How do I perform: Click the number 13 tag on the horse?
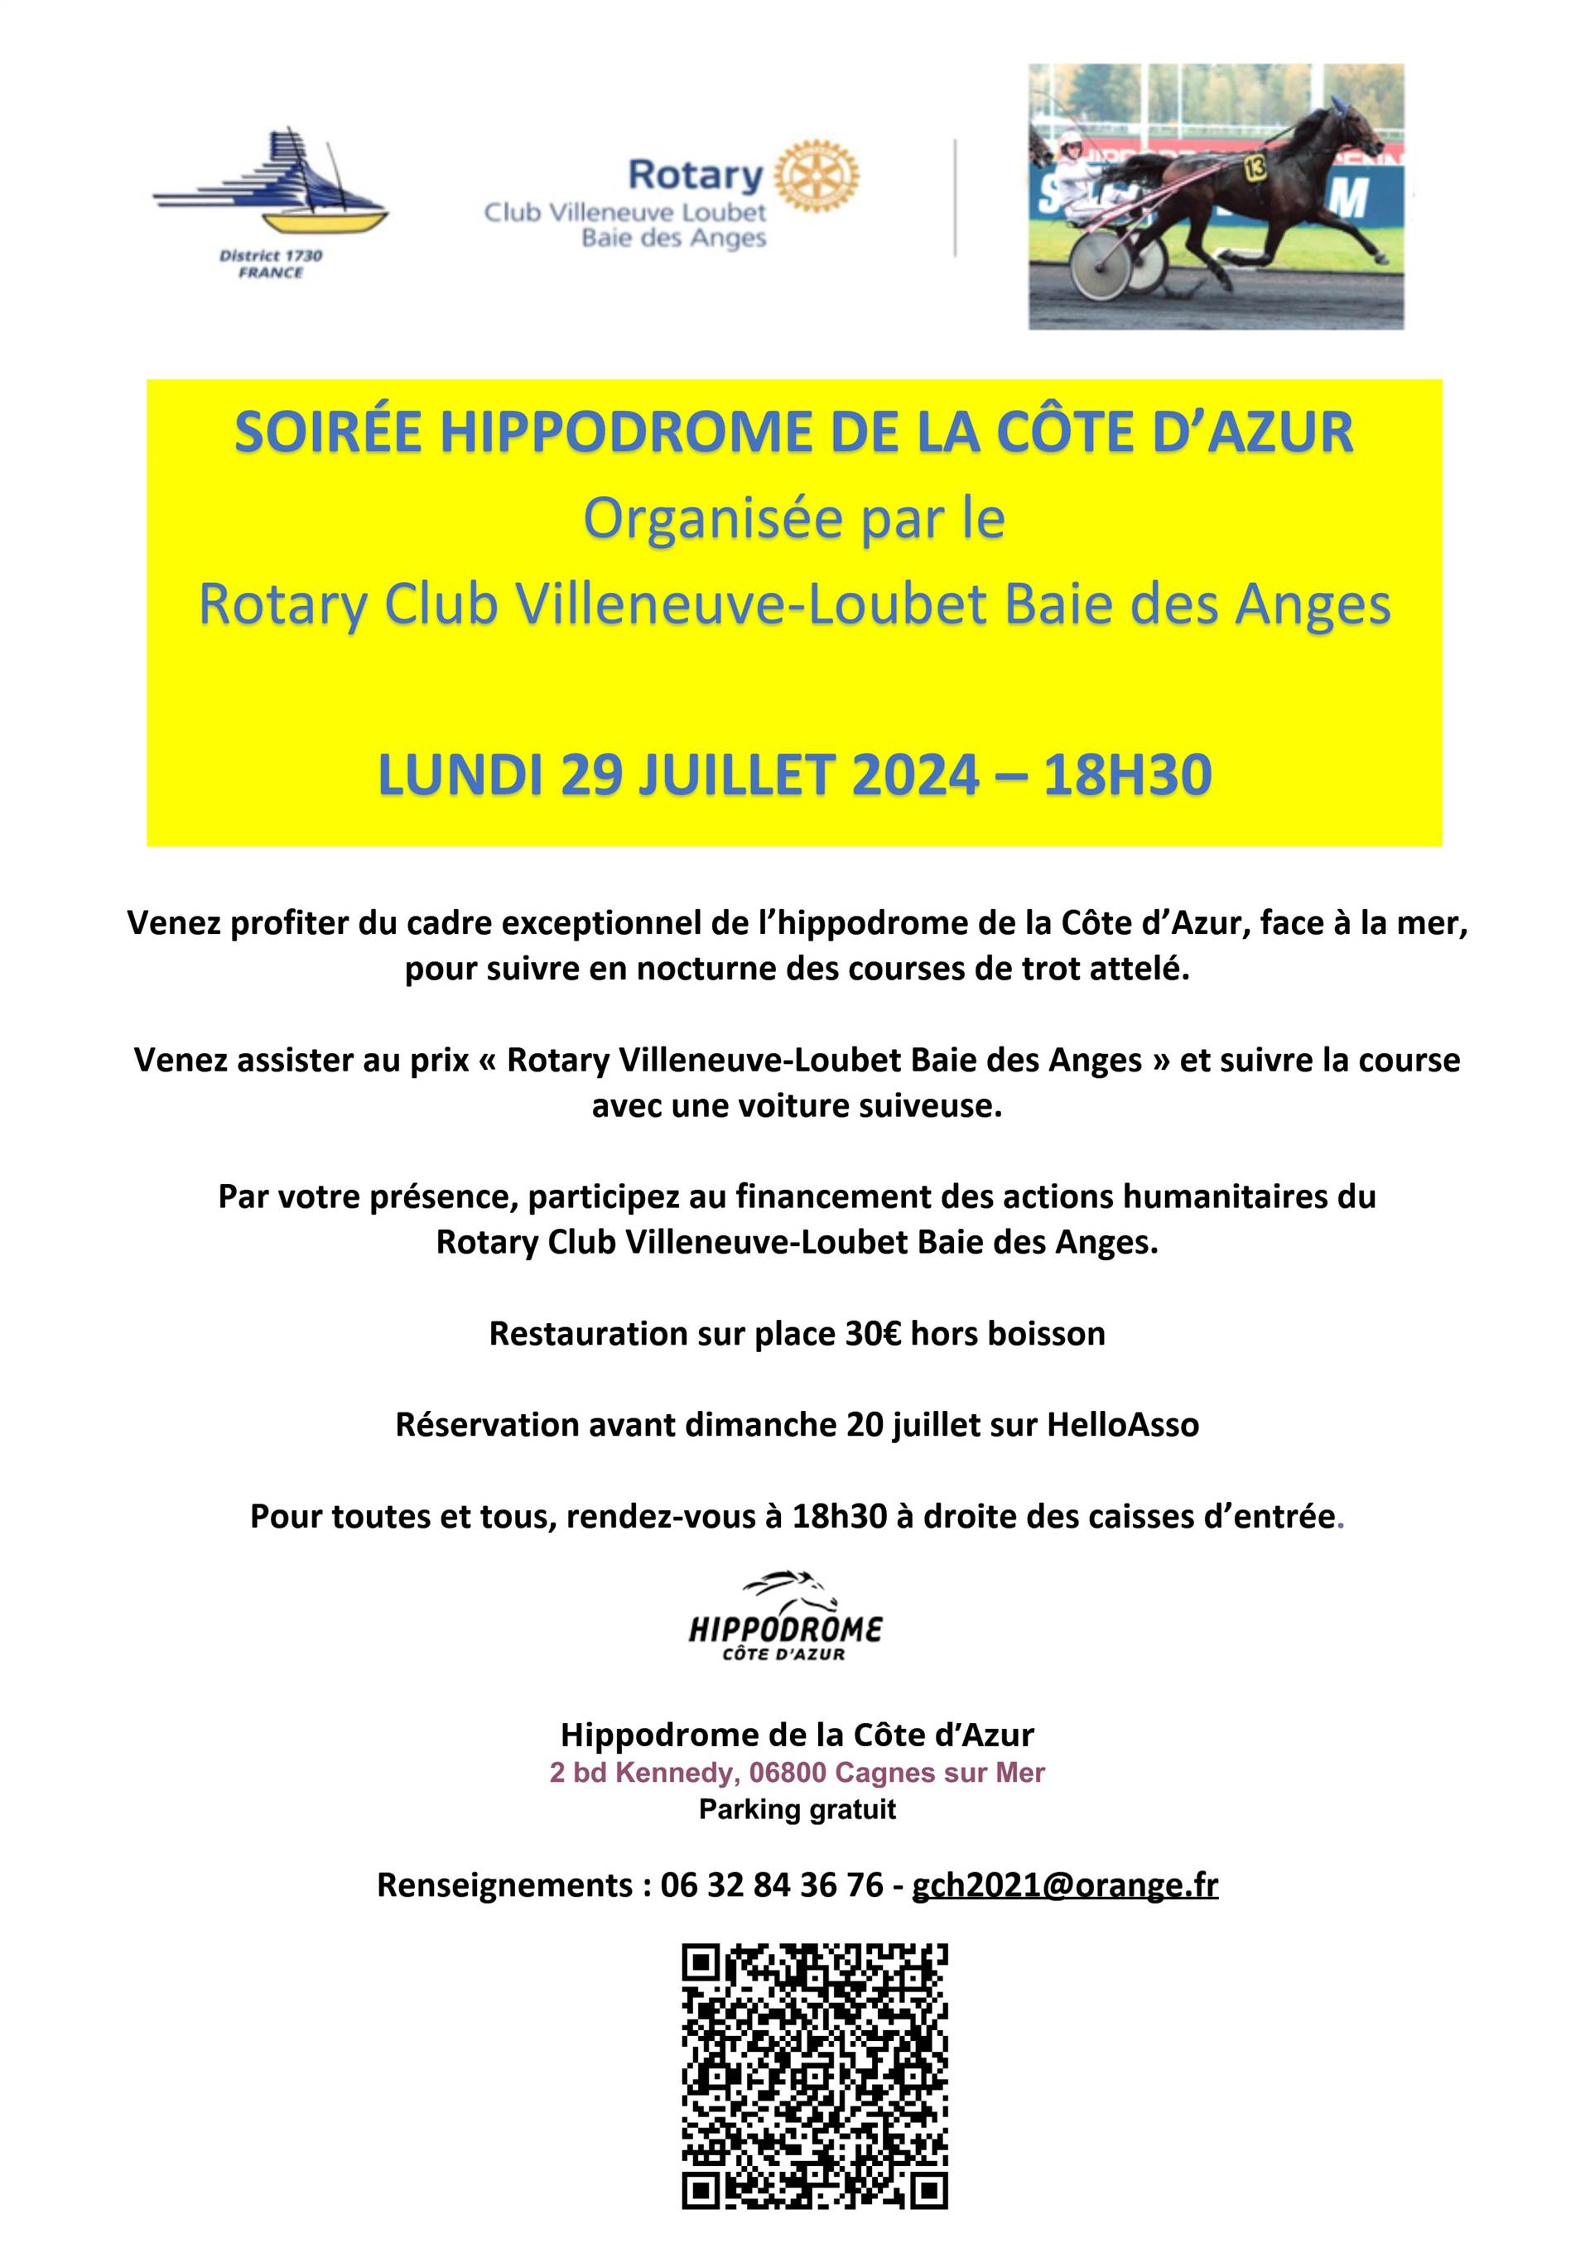coord(1254,166)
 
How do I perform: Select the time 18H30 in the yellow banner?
coord(1127,776)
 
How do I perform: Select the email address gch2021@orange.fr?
coord(1064,1885)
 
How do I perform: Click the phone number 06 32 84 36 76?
coord(772,1885)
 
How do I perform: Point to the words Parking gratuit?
coord(797,1809)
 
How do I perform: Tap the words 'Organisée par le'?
coord(794,519)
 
